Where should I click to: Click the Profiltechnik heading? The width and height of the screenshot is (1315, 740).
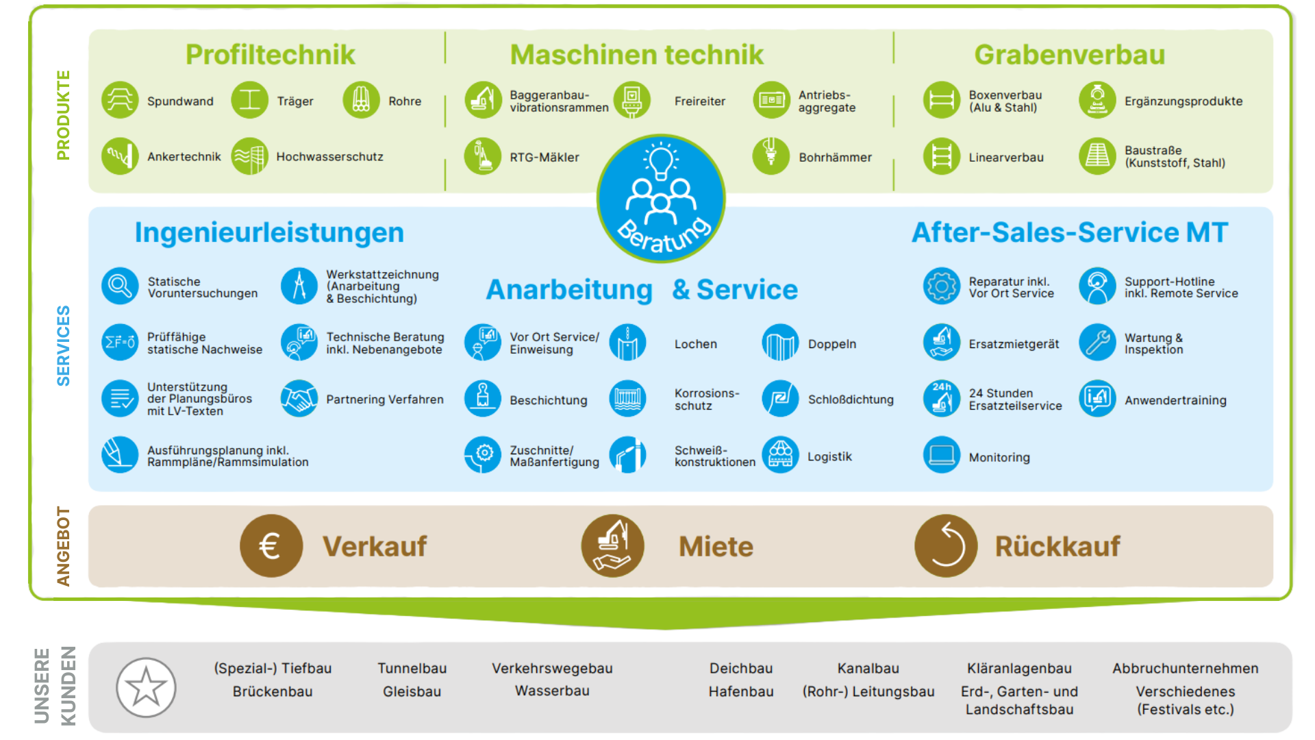click(270, 55)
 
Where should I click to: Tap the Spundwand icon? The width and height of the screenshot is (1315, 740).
click(120, 100)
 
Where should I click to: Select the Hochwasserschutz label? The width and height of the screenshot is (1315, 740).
click(329, 157)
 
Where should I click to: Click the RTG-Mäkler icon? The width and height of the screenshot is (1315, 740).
click(482, 156)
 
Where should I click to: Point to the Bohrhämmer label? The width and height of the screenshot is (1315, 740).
click(835, 158)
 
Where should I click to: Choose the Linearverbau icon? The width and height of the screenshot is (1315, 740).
click(941, 156)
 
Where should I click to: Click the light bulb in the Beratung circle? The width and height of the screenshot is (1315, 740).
click(661, 162)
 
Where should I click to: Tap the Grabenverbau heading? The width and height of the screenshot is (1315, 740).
click(1069, 55)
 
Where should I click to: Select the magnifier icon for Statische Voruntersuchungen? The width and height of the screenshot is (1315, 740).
click(120, 286)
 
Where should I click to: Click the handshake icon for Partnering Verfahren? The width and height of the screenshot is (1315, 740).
click(299, 399)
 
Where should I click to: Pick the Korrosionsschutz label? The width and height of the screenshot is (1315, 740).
click(706, 399)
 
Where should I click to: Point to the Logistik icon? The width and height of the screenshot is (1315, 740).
click(780, 455)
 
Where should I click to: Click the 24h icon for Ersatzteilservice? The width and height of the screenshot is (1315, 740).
click(941, 399)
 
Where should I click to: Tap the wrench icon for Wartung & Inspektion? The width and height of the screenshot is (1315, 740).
click(1097, 343)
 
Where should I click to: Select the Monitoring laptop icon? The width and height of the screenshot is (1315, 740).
click(941, 455)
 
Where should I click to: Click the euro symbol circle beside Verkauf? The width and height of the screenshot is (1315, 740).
click(271, 546)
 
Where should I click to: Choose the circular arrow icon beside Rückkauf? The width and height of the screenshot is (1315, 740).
click(946, 546)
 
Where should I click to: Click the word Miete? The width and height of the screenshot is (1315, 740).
click(716, 547)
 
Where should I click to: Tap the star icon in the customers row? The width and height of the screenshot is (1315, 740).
click(146, 687)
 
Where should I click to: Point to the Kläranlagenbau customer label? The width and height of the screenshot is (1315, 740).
click(1019, 669)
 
